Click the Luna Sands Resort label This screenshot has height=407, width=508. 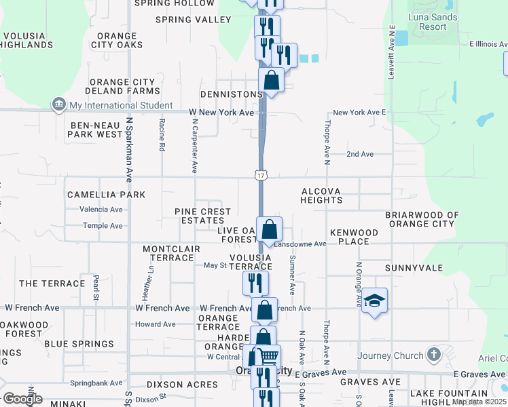coord(428,22)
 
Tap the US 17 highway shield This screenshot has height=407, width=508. coord(261,176)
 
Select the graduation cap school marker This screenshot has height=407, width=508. coord(374,301)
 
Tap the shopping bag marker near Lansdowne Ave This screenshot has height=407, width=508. coord(270,229)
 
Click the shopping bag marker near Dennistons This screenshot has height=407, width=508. coord(271,81)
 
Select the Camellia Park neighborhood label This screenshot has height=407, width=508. coord(106,195)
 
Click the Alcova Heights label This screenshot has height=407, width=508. coord(321,196)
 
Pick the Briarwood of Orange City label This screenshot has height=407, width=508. coord(422,219)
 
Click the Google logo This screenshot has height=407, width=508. coord(22,399)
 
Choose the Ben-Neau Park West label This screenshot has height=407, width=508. coord(95,130)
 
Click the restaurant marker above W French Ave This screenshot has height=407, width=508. coord(256,282)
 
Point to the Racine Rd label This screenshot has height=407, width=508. coord(162,135)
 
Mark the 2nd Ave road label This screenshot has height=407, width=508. coord(360,155)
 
